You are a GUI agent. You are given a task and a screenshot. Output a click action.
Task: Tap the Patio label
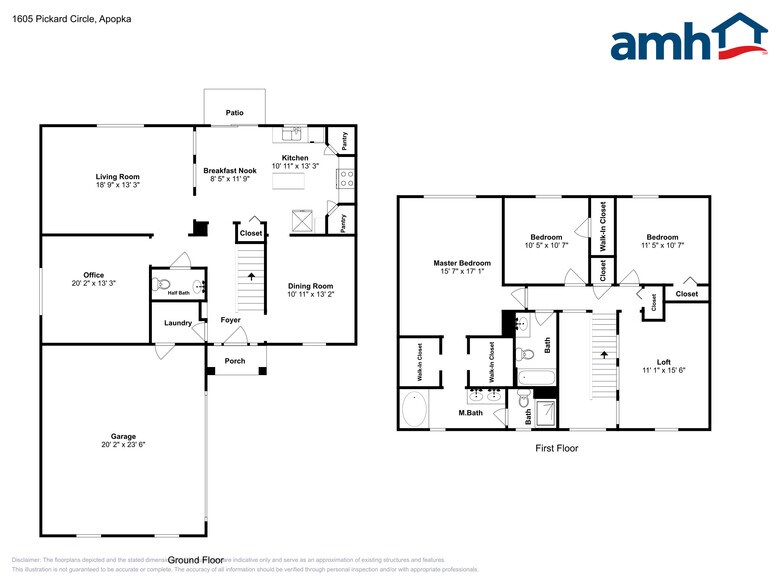(234, 113)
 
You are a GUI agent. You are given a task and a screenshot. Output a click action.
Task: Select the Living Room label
(116, 176)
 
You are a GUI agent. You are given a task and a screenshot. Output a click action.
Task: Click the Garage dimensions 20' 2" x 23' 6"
(123, 445)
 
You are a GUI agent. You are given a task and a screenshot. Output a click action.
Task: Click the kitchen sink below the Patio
(294, 134)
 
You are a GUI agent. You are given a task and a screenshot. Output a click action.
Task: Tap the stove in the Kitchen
(346, 179)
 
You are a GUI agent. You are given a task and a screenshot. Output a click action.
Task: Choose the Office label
(94, 275)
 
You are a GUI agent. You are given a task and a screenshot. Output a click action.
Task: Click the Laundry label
(178, 322)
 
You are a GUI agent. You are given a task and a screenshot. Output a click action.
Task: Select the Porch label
(235, 361)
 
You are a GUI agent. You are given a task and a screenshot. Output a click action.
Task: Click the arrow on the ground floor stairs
(250, 276)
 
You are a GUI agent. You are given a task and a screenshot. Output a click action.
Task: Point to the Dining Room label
(310, 285)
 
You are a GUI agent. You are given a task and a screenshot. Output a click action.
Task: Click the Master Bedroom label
(447, 263)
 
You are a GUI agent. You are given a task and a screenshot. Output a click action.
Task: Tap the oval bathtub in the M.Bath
(414, 409)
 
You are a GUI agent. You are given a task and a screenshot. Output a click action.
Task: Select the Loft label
(664, 361)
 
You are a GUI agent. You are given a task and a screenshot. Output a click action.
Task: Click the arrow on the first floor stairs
(603, 353)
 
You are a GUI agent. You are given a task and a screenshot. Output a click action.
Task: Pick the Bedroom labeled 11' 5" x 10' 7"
(662, 237)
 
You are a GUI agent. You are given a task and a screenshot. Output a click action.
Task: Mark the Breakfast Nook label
(230, 171)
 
